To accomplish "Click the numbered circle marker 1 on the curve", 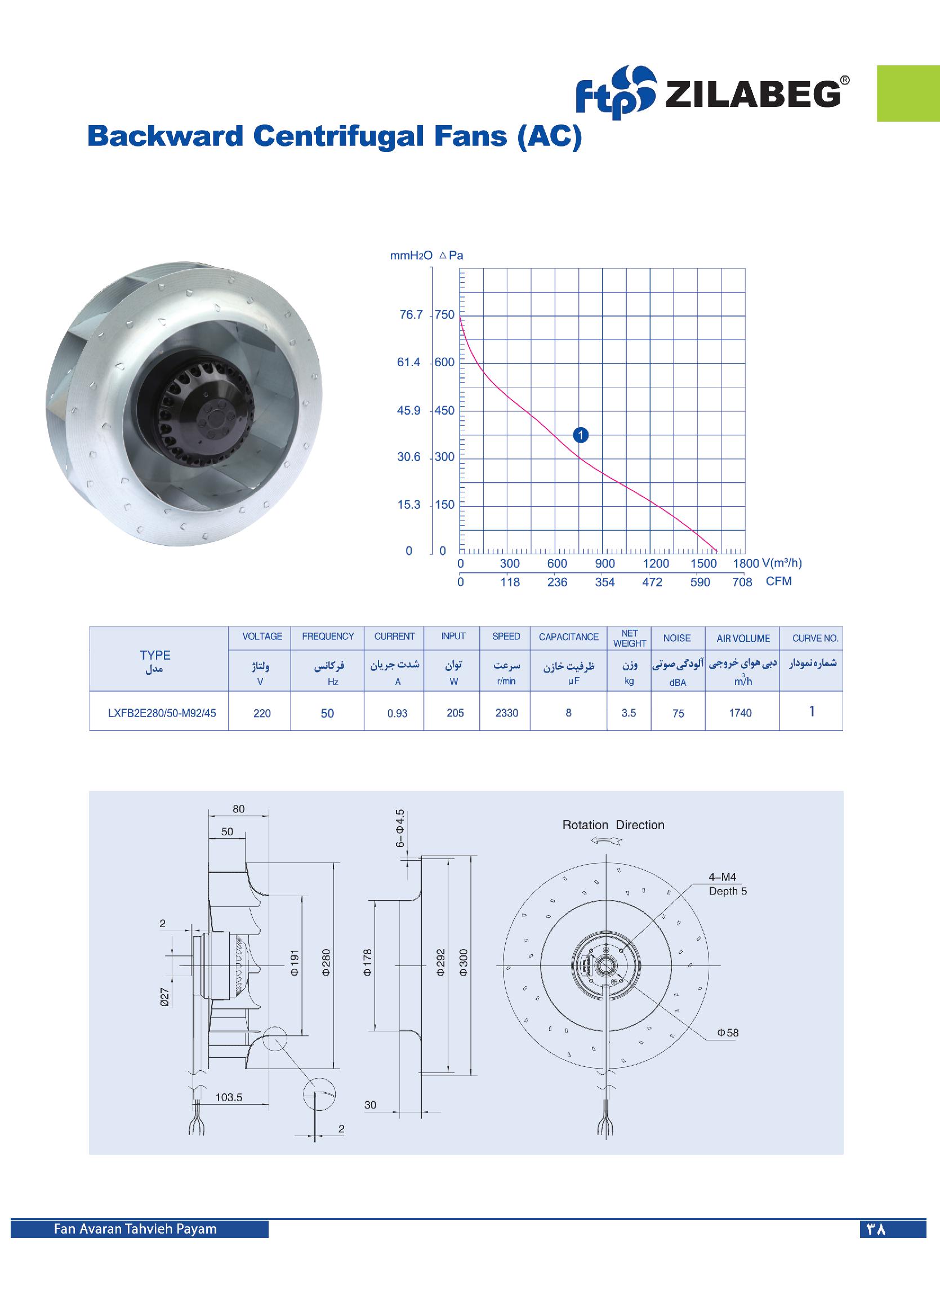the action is (x=580, y=435).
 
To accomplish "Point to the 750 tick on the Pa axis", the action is (x=444, y=315).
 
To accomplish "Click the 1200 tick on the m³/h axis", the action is (x=656, y=563).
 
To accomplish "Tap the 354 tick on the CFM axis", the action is (x=605, y=582).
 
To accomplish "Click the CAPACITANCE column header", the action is (x=568, y=637).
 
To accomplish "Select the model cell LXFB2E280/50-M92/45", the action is (x=162, y=713).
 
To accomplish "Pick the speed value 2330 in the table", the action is (x=506, y=713).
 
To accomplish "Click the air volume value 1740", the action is (x=740, y=713).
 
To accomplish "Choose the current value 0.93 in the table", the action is (x=398, y=713).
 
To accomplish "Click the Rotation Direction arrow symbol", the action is (x=607, y=841).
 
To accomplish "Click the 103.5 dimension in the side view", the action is (x=229, y=1097).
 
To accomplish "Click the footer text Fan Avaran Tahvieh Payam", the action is (x=135, y=1229).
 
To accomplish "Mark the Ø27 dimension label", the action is (x=165, y=996).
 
